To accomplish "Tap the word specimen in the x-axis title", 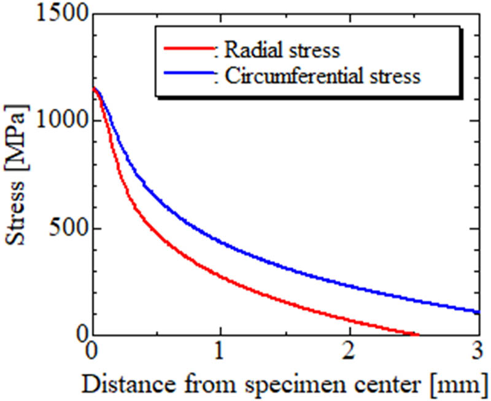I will pyautogui.click(x=290, y=384).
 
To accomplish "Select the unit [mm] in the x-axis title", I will pyautogui.click(x=461, y=384).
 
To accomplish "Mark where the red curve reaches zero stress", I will pyautogui.click(x=418, y=335).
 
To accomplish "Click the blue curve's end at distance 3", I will pyautogui.click(x=478, y=312).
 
